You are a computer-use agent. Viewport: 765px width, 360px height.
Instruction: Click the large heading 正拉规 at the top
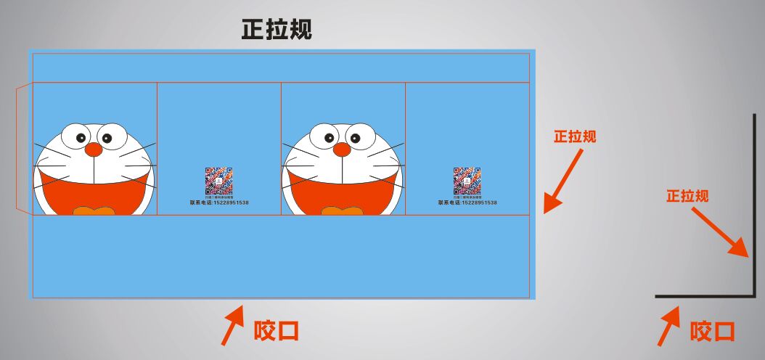[277, 30]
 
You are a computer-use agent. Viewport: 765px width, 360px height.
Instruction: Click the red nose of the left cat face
[94, 150]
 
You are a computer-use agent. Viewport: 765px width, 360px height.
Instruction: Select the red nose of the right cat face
[341, 150]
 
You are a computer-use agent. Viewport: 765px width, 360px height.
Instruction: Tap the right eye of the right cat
[356, 136]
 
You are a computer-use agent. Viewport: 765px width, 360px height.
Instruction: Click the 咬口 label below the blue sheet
[277, 332]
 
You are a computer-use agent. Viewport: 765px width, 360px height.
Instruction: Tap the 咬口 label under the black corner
[712, 332]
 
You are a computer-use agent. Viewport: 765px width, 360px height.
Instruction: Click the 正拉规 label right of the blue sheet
[575, 136]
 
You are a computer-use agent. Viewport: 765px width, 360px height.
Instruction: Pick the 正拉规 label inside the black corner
[687, 196]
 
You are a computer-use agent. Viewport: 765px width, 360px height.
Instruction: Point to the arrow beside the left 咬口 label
[232, 325]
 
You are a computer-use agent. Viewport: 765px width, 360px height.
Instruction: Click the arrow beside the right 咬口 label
[668, 325]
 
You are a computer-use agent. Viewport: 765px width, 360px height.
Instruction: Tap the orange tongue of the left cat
[94, 210]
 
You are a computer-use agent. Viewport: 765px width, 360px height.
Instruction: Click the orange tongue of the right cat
[342, 210]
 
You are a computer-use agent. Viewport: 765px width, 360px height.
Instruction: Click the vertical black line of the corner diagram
[753, 203]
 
